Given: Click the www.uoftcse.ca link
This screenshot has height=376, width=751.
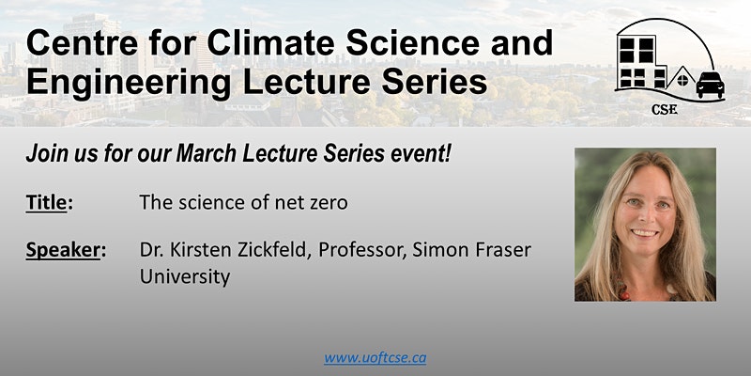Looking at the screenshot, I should tap(375, 357).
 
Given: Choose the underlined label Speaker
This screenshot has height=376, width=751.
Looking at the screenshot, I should tap(63, 251).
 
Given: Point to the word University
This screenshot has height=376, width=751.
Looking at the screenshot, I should tap(184, 277).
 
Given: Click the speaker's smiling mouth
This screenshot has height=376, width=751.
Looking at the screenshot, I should tap(644, 232).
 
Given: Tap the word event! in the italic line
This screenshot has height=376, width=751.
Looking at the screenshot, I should tap(422, 151).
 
